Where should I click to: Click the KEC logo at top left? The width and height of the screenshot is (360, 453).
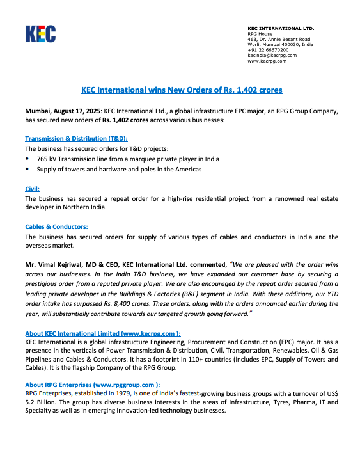pos(40,33)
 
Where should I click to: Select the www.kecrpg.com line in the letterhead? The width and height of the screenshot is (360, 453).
pos(267,61)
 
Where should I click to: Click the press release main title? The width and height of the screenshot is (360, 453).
pos(182,90)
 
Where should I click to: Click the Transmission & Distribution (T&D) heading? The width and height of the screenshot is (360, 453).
pos(77,138)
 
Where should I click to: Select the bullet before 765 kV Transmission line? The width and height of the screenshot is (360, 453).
pos(27,158)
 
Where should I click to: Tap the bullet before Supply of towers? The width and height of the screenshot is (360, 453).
pos(27,169)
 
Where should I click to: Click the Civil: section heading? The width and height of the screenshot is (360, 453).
pos(32,189)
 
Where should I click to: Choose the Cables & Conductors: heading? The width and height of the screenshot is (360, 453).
pos(56,226)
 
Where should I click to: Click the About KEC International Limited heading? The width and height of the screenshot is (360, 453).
pos(102,333)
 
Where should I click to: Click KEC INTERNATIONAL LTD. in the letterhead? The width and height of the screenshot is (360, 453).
pos(281,28)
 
